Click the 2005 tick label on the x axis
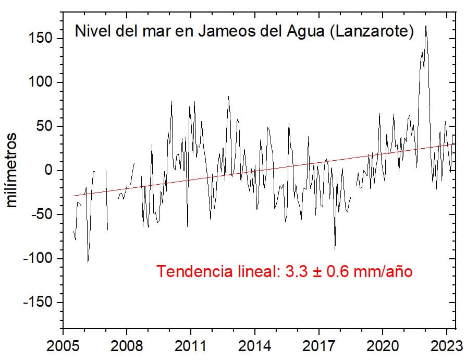coord(63,346)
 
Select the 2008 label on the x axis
coord(127,346)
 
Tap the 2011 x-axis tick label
coord(190,346)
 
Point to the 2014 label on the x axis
coord(254,346)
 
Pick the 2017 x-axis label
coord(318,346)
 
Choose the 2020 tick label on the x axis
coord(383,346)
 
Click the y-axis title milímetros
coord(11,170)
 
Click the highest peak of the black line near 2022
coord(426,26)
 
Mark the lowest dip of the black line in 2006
coord(88,261)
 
